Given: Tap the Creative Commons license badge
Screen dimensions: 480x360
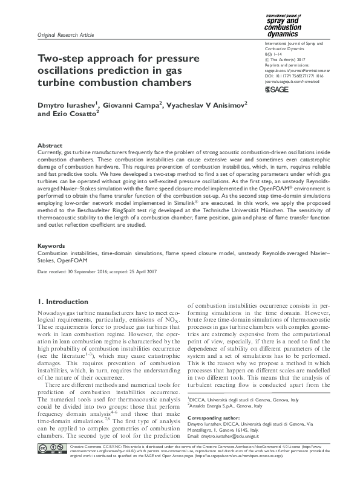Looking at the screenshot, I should coord(51,464).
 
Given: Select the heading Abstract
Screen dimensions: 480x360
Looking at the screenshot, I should coord(50,146).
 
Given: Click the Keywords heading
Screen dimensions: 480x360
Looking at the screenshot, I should coord(51,246).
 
